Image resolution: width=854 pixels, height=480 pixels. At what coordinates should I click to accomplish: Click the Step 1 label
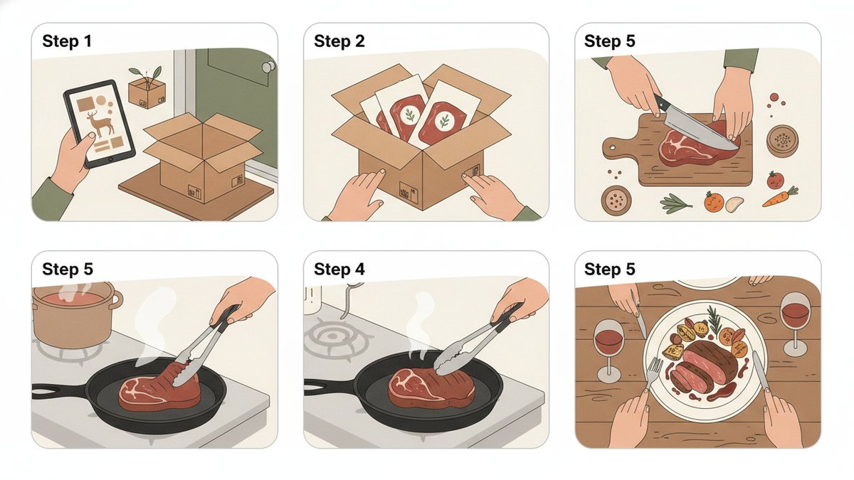click(x=67, y=41)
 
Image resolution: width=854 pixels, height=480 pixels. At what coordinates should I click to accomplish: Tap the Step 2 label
click(x=339, y=41)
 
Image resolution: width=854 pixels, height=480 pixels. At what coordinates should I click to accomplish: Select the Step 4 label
click(x=339, y=270)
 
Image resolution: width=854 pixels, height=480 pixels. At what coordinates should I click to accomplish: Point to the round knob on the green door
click(x=268, y=67)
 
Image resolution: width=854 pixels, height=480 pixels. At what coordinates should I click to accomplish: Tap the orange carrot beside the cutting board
click(x=781, y=196)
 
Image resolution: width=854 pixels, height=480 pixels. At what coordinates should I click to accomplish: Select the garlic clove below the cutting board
click(x=734, y=204)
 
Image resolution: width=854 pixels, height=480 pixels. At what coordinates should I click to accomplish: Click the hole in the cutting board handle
click(x=612, y=147)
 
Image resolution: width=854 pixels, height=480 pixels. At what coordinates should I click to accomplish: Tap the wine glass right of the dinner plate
click(x=796, y=324)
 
